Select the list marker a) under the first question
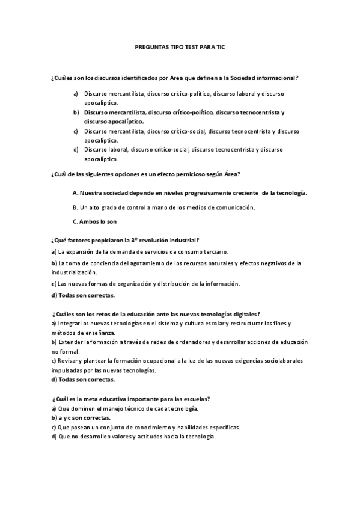(76, 94)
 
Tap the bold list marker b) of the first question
(76, 112)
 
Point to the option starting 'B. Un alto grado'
(163, 207)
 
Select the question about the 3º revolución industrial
(126, 239)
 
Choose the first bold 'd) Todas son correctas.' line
(83, 295)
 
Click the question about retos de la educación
(156, 314)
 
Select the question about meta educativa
(130, 399)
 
